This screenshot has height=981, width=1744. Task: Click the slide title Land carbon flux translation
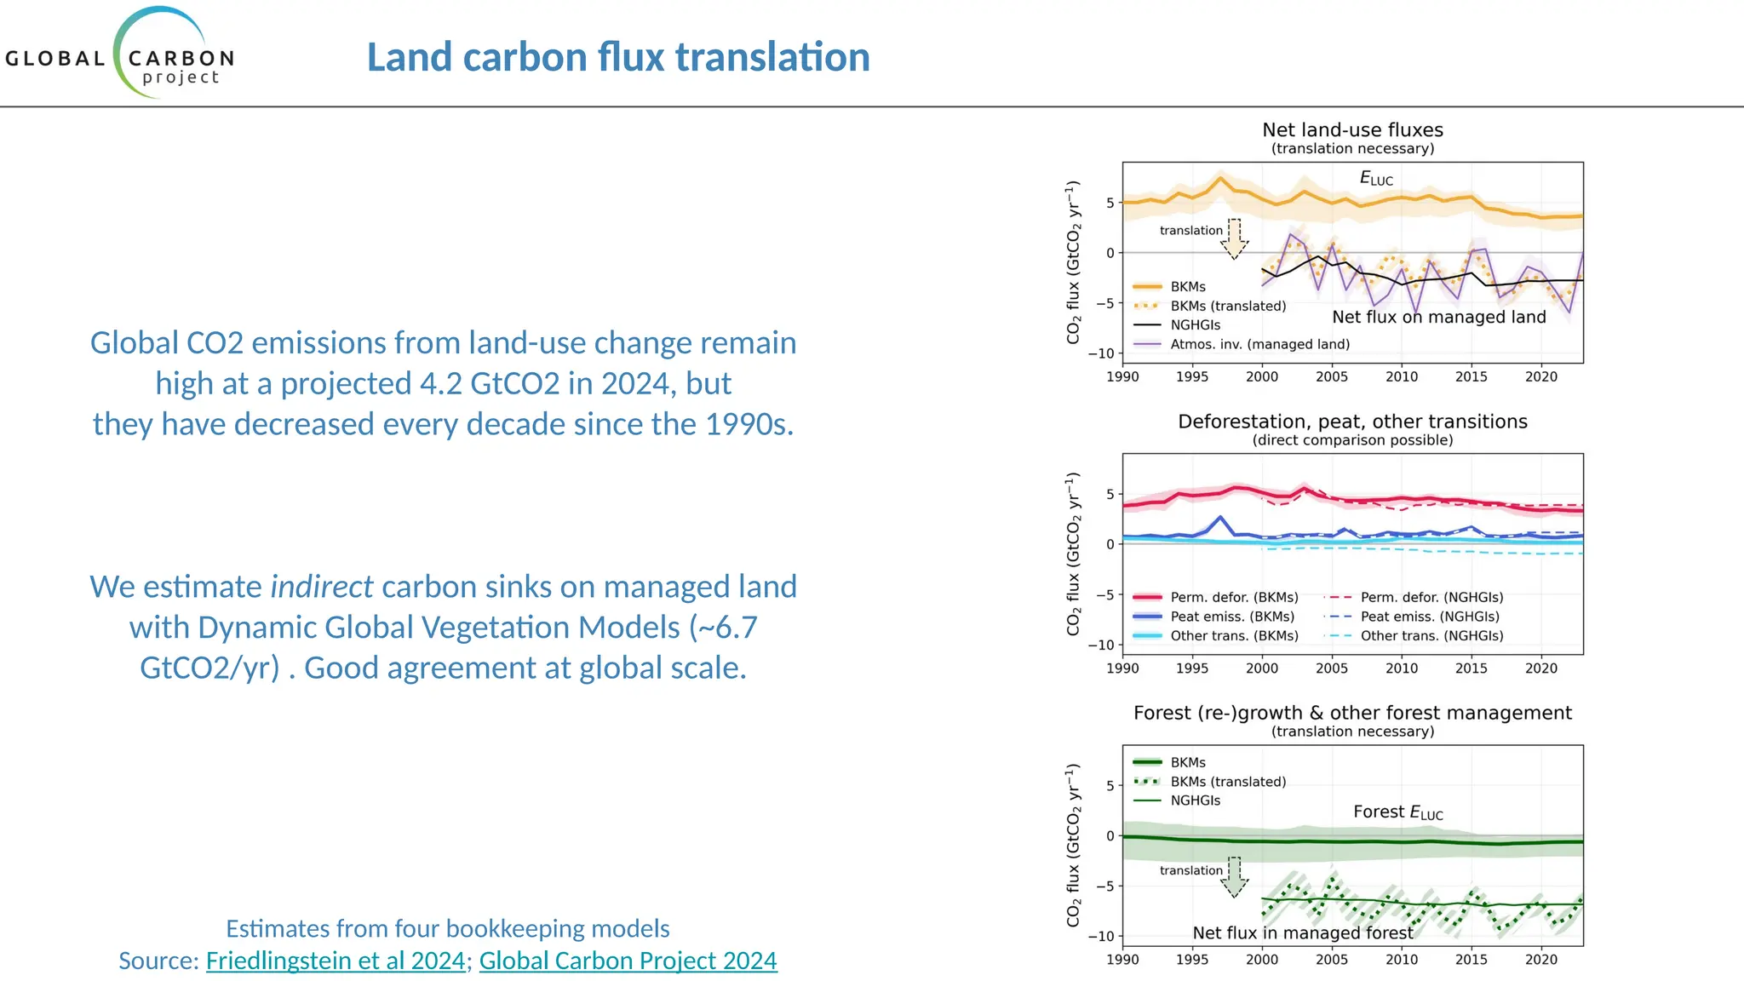[x=618, y=57]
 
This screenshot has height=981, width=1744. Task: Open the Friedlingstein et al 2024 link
[x=336, y=961]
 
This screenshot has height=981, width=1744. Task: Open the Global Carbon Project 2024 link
[x=628, y=961]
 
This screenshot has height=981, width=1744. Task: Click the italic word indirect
[x=321, y=587]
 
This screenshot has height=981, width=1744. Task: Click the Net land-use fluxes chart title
[x=1352, y=130]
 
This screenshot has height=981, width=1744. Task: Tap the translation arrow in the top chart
[x=1234, y=239]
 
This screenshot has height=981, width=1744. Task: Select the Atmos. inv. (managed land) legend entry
[x=1259, y=344]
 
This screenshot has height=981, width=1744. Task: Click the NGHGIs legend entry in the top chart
[x=1195, y=325]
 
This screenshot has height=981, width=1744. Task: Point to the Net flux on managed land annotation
[x=1438, y=317]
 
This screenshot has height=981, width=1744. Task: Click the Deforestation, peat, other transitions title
[x=1352, y=422]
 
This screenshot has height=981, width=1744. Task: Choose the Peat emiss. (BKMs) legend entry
[x=1231, y=617]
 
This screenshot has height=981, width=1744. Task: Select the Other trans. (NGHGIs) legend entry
[x=1431, y=636]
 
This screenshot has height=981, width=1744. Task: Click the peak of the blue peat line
[x=1220, y=517]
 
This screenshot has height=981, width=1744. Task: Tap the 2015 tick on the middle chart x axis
[x=1471, y=668]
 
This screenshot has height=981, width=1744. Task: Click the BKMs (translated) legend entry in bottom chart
[x=1227, y=782]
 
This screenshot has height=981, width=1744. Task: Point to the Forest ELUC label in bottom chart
[x=1397, y=812]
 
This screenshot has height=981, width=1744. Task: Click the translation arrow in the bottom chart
[x=1234, y=878]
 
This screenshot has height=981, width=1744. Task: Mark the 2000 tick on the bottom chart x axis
[x=1261, y=960]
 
